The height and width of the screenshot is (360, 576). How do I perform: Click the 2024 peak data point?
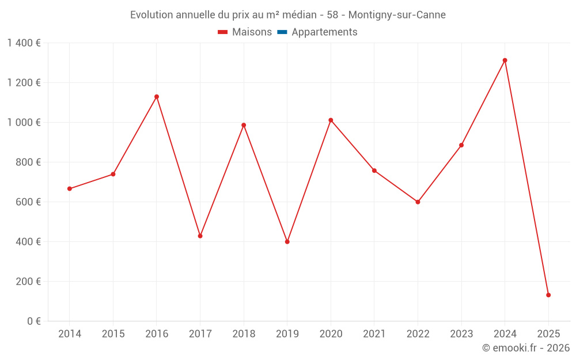[x=505, y=60]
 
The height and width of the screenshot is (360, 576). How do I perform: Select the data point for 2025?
[x=548, y=295]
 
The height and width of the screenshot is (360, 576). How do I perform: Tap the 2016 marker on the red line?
[x=157, y=97]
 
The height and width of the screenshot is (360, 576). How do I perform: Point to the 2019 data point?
[x=287, y=242]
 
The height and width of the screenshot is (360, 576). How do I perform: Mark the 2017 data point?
[x=200, y=236]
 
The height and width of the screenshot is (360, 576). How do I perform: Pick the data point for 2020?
[x=331, y=120]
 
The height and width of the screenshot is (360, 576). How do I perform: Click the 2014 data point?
[x=70, y=189]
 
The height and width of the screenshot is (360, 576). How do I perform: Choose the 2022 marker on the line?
[x=418, y=202]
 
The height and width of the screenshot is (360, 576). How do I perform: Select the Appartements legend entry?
[x=324, y=32]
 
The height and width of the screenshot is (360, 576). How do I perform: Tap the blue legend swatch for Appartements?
[x=282, y=32]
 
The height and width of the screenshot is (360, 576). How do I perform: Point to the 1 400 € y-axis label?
[x=24, y=43]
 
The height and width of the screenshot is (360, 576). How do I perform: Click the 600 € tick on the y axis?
[x=29, y=202]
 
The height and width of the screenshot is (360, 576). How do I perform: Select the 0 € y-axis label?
[x=33, y=321]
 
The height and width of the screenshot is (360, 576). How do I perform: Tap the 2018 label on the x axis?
[x=244, y=334]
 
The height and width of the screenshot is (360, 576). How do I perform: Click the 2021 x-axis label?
[x=374, y=334]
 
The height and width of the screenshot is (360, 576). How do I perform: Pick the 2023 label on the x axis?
[x=461, y=334]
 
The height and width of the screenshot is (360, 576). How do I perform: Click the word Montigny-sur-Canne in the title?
[x=397, y=15]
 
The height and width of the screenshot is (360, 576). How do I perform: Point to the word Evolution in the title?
[x=151, y=15]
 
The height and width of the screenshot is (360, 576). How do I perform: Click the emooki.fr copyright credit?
[x=526, y=348]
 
